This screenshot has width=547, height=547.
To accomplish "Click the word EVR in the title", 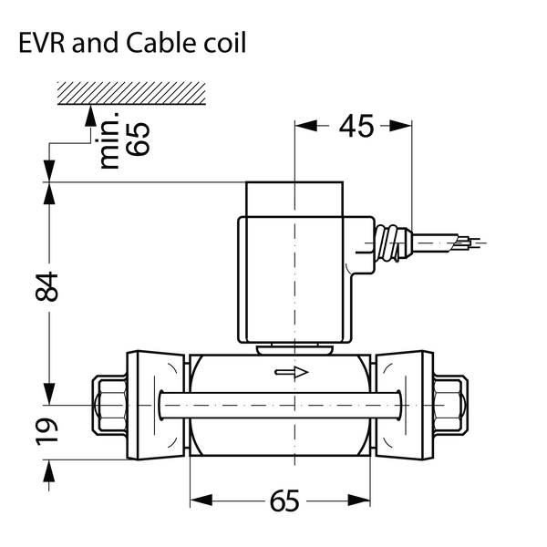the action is click(42, 42).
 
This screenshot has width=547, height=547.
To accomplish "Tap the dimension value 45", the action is click(356, 126).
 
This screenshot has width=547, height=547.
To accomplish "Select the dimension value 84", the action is click(46, 287).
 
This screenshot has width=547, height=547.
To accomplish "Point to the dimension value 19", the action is click(46, 431).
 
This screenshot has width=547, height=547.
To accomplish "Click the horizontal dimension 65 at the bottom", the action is click(284, 501).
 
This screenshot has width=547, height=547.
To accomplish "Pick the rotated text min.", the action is click(107, 140).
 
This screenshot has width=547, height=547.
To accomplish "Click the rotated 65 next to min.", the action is click(138, 139).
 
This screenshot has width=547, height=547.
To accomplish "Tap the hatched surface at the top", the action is click(131, 93).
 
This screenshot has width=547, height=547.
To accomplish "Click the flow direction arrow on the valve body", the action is click(292, 372).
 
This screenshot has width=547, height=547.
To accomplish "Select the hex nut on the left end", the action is click(110, 405).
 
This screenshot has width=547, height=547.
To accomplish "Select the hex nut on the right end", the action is click(450, 405).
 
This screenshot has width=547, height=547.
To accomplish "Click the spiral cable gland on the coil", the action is click(392, 243).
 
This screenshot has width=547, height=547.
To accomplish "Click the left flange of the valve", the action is click(155, 405).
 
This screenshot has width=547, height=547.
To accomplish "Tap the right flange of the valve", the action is click(404, 405).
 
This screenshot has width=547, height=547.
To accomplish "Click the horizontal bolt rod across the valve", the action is click(280, 405).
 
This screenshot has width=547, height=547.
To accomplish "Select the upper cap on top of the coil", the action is click(294, 199).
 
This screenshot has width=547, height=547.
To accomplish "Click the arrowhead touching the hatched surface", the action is click(90, 116).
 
